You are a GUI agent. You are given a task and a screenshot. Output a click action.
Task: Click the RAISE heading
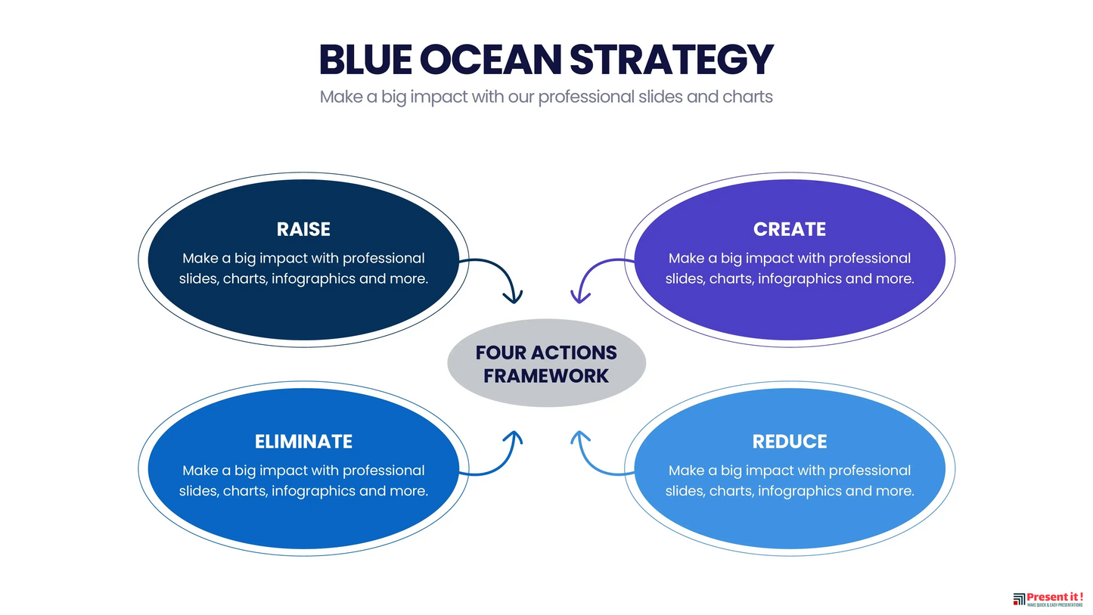pyautogui.click(x=303, y=229)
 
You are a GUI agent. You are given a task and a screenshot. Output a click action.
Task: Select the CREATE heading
pyautogui.click(x=789, y=229)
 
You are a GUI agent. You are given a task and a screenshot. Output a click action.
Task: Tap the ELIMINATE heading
pyautogui.click(x=303, y=441)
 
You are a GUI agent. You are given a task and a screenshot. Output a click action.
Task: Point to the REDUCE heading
pyautogui.click(x=789, y=441)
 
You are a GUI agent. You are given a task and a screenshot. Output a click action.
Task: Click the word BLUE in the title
pyautogui.click(x=365, y=60)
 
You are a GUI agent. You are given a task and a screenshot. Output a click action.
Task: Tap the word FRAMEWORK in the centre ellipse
pyautogui.click(x=546, y=375)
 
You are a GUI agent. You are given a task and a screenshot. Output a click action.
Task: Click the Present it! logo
pyautogui.click(x=1048, y=599)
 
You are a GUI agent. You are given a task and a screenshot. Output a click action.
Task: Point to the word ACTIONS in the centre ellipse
pyautogui.click(x=579, y=353)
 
